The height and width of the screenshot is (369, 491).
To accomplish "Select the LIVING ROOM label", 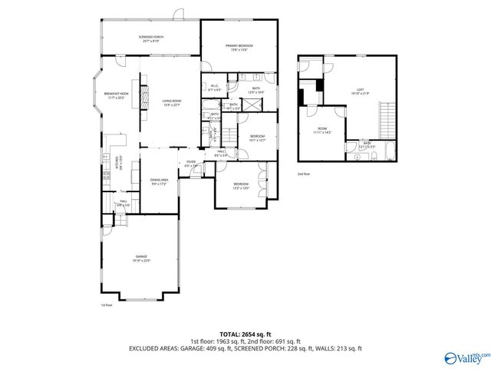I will pos(170,102).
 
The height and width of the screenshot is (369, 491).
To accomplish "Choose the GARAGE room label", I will pos(142,258).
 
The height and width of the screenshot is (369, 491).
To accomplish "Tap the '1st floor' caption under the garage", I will pos(107,305).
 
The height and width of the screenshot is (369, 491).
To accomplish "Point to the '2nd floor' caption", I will pos(304,175).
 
